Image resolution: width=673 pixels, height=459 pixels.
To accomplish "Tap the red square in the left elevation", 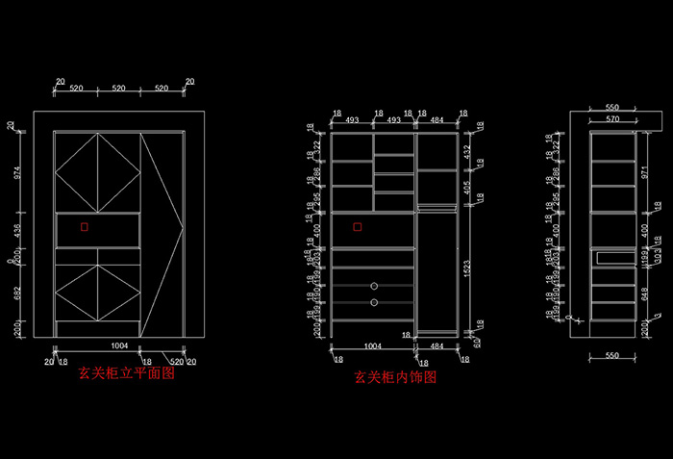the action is point(85,228).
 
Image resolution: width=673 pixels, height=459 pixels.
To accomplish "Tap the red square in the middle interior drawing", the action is point(358,227).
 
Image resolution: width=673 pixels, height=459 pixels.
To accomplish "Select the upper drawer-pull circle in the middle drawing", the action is point(373,286).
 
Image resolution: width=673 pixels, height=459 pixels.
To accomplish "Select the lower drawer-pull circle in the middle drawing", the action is point(373,302).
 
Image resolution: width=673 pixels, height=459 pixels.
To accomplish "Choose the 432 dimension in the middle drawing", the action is point(467,151).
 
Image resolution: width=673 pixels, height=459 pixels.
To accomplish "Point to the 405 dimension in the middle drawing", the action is point(467,188).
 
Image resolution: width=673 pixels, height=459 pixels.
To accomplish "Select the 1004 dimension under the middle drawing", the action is point(372,344).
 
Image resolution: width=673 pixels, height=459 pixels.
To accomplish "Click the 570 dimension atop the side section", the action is point(611,118).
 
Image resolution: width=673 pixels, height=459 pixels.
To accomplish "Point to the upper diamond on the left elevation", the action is point(97,171).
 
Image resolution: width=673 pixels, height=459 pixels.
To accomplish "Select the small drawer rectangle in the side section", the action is point(612,257).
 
